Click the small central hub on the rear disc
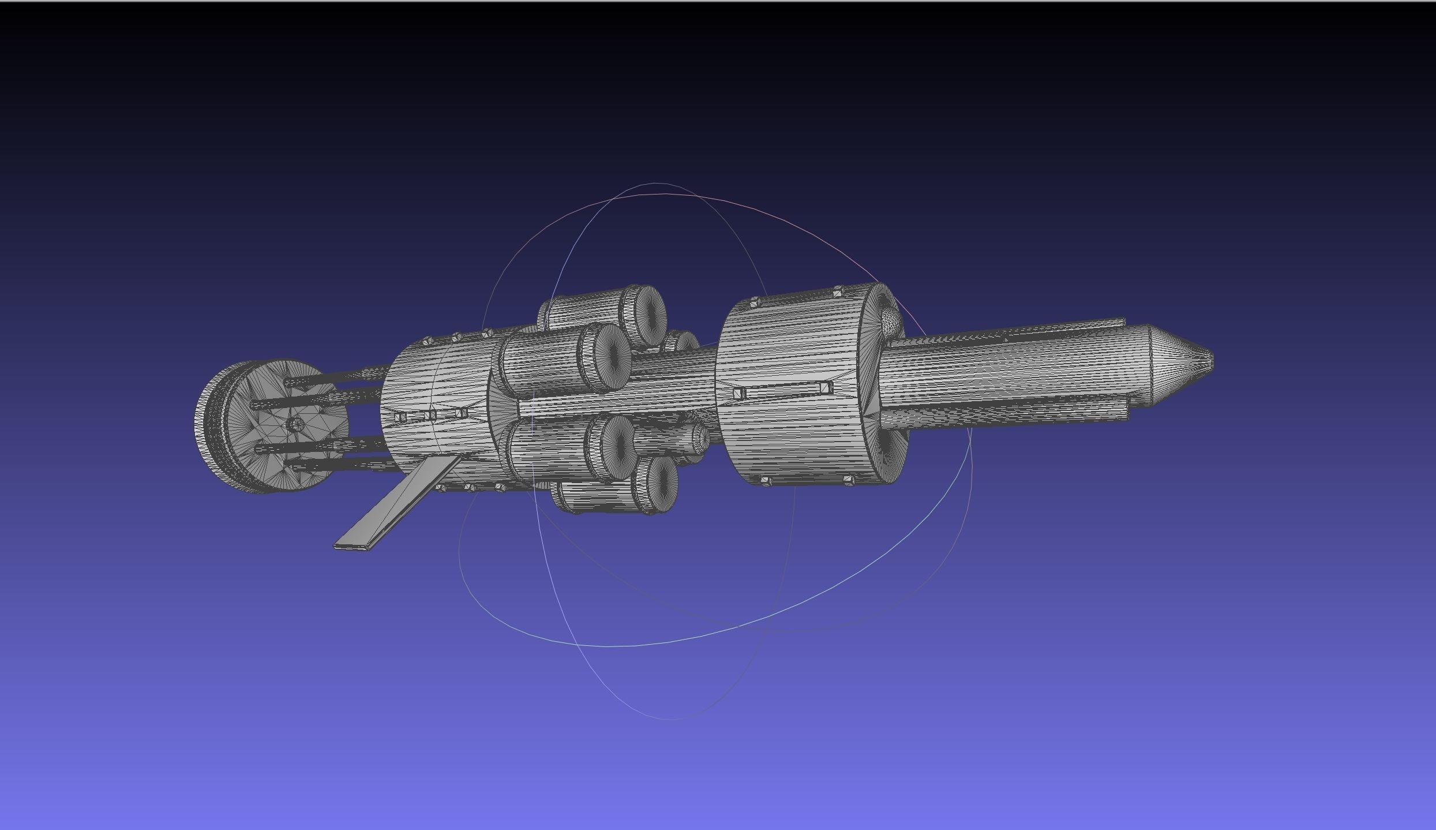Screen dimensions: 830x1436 pyautogui.click(x=295, y=425)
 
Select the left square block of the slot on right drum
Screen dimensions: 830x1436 pyautogui.click(x=738, y=394)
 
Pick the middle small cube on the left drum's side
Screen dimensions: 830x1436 pyautogui.click(x=430, y=415)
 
